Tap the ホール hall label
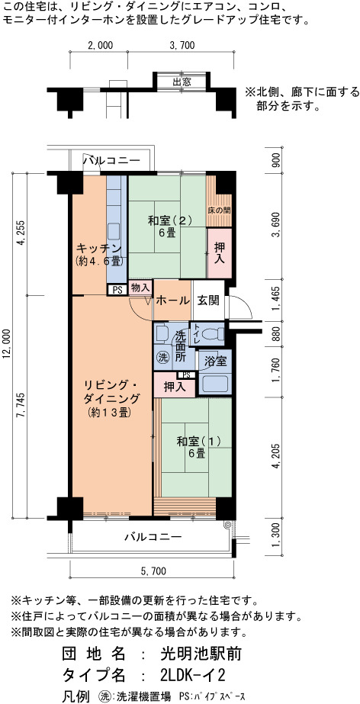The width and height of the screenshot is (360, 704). pos(172,301)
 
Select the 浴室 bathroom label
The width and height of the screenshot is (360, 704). pos(215,361)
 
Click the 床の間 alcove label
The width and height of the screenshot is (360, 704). pos(220,210)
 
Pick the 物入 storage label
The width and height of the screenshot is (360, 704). pos(140,288)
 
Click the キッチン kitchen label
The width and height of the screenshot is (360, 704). pos(98,248)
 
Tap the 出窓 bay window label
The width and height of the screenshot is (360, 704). pos(182,82)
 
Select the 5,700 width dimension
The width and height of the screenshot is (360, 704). pos(153,571)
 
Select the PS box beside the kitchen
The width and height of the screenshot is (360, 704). pos(117,290)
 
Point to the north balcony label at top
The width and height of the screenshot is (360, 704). pos(112,161)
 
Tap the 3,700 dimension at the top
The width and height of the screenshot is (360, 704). pos(182,45)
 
